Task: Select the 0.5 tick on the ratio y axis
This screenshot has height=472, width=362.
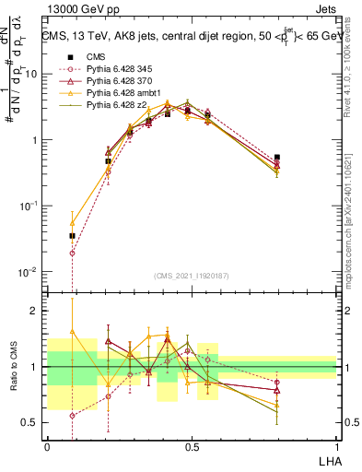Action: (33, 424)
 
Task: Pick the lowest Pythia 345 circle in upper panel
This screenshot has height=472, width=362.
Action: (73, 253)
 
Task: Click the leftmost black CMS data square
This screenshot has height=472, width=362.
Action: (73, 236)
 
